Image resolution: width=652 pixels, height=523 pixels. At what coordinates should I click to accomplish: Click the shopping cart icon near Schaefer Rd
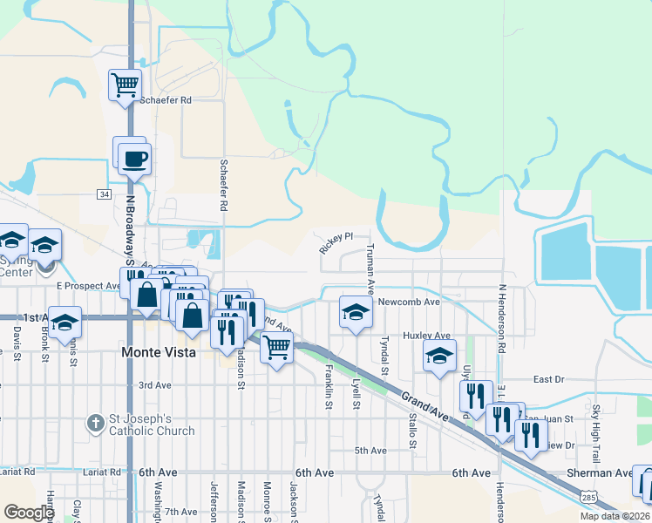pyautogui.click(x=126, y=85)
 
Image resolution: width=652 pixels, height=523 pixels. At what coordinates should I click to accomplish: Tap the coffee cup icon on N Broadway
pyautogui.click(x=134, y=160)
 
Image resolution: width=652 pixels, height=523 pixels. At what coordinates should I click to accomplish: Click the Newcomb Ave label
pyautogui.click(x=409, y=302)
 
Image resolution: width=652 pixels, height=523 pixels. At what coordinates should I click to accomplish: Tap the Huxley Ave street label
pyautogui.click(x=426, y=335)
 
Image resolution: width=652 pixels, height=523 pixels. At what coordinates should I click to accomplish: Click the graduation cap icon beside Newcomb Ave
pyautogui.click(x=355, y=312)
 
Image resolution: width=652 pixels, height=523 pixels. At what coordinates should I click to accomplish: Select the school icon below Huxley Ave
pyautogui.click(x=440, y=356)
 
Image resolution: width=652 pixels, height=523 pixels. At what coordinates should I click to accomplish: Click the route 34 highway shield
pyautogui.click(x=105, y=194)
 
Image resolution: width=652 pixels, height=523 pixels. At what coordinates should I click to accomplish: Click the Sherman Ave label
pyautogui.click(x=612, y=472)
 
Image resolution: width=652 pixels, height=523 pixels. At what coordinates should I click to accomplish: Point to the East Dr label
pyautogui.click(x=549, y=379)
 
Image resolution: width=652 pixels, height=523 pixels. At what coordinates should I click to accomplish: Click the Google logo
pyautogui.click(x=29, y=513)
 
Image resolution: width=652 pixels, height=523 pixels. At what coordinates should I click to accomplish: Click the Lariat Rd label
pyautogui.click(x=17, y=472)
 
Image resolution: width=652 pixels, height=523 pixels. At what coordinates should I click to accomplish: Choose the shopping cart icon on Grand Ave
pyautogui.click(x=276, y=348)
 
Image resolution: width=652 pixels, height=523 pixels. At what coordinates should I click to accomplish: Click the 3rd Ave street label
pyautogui.click(x=154, y=384)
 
